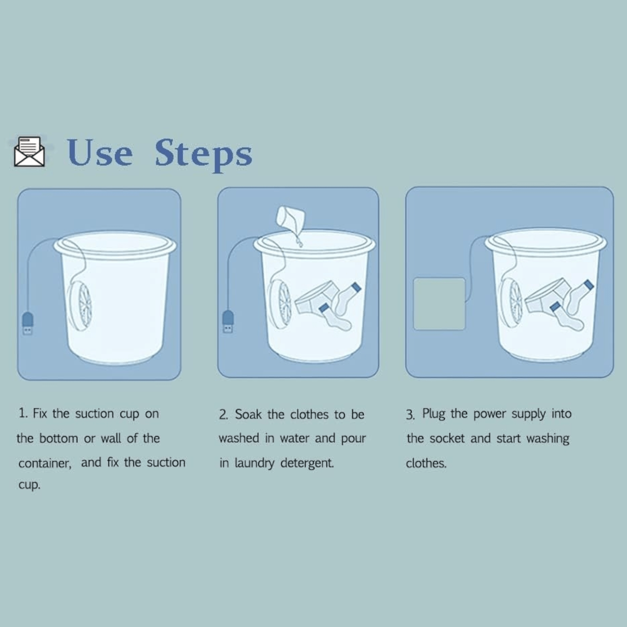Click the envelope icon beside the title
[x=29, y=151]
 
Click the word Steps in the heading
[x=203, y=154]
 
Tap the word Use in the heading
[x=100, y=153]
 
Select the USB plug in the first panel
[x=28, y=323]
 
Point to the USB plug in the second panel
[x=228, y=322]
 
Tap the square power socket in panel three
[x=439, y=304]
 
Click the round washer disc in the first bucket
[x=80, y=306]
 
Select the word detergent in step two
[x=307, y=463]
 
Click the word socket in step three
[x=447, y=438]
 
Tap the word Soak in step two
[x=248, y=414]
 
